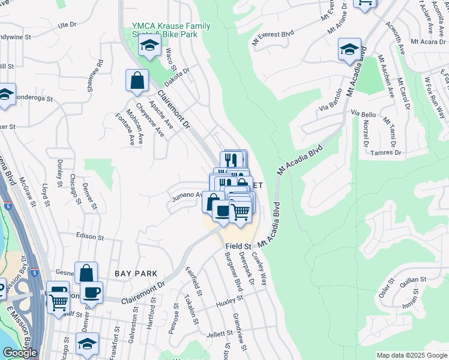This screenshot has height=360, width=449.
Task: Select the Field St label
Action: pos(238,247)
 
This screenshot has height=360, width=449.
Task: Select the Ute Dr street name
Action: pos(67,25)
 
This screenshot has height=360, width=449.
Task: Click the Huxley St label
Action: pos(229,301)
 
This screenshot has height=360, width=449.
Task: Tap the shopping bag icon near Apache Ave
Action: pos(137,80)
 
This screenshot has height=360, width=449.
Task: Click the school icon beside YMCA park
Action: pos(149,44)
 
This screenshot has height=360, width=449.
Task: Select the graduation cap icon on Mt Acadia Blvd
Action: pos(349,49)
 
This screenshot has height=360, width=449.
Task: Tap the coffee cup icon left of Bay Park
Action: pos(91,292)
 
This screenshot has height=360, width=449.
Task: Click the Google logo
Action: pos(20,353)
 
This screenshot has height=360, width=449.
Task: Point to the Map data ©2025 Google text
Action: pos(411,355)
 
